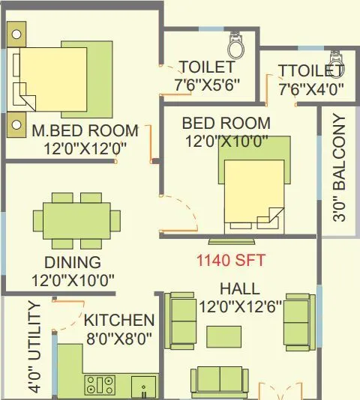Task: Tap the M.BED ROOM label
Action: pyautogui.click(x=85, y=130)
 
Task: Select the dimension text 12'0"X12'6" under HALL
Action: pyautogui.click(x=240, y=306)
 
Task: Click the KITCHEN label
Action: pyautogui.click(x=119, y=320)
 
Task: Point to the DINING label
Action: pyautogui.click(x=72, y=263)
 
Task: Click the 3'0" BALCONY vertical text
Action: pyautogui.click(x=340, y=168)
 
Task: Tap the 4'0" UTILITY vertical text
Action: pyautogui.click(x=34, y=346)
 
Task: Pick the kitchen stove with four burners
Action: pyautogui.click(x=100, y=385)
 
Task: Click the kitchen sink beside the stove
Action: pyautogui.click(x=144, y=387)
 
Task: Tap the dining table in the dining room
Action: pyautogui.click(x=76, y=221)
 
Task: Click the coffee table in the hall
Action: pyautogui.click(x=224, y=335)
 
